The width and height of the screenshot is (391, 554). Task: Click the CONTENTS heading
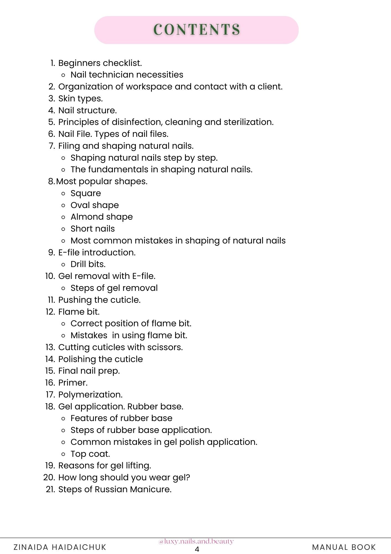tap(197, 29)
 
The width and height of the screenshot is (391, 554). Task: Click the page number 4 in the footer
tap(197, 549)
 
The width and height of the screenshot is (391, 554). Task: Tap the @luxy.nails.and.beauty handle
tap(196, 541)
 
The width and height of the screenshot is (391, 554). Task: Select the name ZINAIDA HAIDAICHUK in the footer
tap(60, 547)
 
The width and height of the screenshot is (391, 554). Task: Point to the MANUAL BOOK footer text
tap(344, 547)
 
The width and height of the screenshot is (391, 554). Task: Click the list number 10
tap(50, 276)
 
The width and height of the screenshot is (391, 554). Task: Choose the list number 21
tap(50, 489)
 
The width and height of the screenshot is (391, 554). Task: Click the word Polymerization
tap(90, 394)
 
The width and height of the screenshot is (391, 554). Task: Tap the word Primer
tap(73, 383)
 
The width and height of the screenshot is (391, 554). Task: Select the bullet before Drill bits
tap(63, 264)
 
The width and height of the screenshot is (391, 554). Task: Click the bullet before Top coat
tap(63, 454)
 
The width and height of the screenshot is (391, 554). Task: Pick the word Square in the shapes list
tap(86, 193)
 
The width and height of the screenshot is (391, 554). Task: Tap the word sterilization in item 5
tap(248, 122)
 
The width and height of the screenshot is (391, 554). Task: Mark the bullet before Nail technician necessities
tap(63, 75)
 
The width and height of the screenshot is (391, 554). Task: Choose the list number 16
tap(50, 383)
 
